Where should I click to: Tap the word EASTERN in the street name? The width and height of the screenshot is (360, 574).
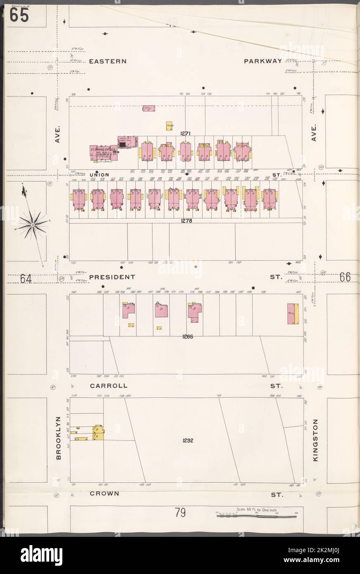(107, 61)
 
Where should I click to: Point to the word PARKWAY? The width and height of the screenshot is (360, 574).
(263, 61)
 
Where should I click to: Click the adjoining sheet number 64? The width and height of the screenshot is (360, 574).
(26, 279)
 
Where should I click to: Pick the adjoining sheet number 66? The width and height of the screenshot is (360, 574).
(345, 277)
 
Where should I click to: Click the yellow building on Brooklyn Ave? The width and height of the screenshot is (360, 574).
(98, 432)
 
